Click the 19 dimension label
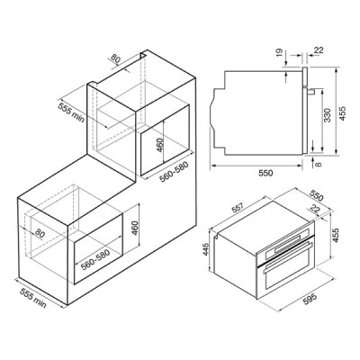[x=279, y=52]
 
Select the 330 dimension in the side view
[x=328, y=115]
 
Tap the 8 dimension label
[x=319, y=164]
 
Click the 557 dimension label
[x=239, y=207]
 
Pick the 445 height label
[x=206, y=249]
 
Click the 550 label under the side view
[x=265, y=173]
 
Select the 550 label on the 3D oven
[x=317, y=196]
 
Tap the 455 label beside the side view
[x=342, y=113]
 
